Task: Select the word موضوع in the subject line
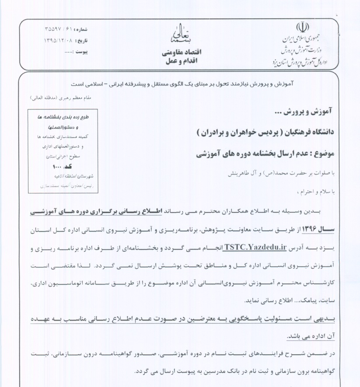tap(323, 154)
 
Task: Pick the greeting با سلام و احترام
tap(317, 191)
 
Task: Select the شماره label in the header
tap(81, 29)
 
